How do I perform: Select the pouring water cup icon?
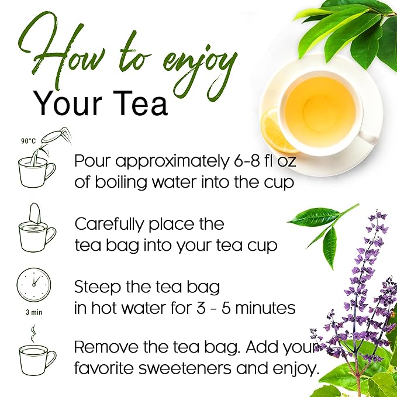(x=36, y=164)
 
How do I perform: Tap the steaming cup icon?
(x=36, y=354)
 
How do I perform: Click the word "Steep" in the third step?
(x=95, y=287)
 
